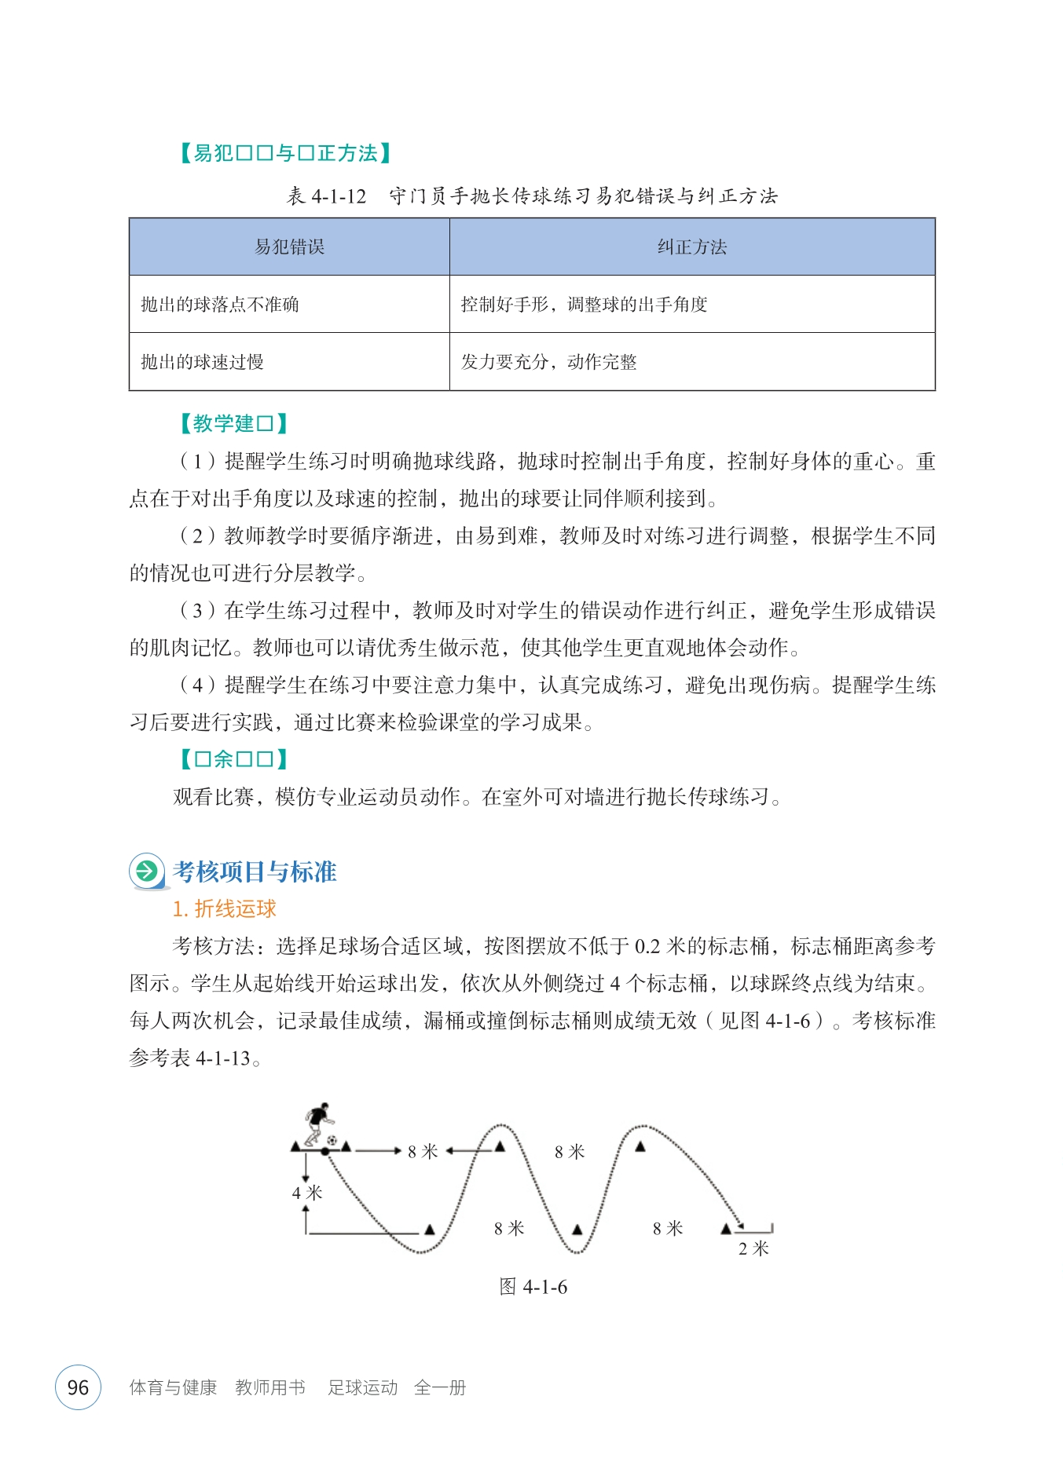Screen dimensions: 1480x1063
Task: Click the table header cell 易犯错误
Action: tap(289, 247)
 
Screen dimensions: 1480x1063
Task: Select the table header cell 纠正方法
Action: tap(691, 247)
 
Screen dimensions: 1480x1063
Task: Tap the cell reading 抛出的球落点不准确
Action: tap(220, 305)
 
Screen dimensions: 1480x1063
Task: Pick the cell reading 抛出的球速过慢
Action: tap(202, 362)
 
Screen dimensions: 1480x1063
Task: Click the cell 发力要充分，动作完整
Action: tap(548, 362)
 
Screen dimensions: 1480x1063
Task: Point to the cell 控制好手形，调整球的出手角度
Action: tap(584, 305)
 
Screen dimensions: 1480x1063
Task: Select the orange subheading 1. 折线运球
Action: tap(225, 909)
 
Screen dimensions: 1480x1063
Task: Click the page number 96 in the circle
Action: tap(78, 1387)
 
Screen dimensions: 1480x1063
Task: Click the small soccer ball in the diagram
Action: tap(332, 1140)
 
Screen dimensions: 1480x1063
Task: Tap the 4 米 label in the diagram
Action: tap(307, 1193)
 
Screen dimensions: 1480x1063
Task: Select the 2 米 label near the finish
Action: tap(753, 1248)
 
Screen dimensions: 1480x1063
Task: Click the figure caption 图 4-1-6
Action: tap(533, 1287)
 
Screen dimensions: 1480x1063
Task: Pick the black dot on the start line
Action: tap(325, 1152)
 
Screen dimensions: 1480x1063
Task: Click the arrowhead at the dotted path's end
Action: tap(739, 1223)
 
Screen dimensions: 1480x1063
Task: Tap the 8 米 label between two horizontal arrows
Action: tap(423, 1152)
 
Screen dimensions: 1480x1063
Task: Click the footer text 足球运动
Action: tap(362, 1387)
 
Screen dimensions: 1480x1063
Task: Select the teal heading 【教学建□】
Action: tap(234, 424)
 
